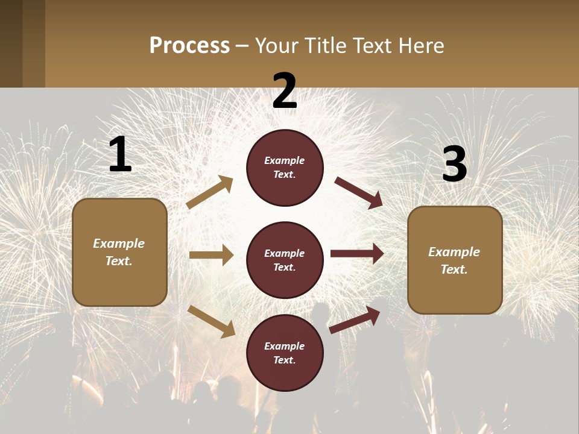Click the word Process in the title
(x=189, y=46)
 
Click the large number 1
(x=120, y=155)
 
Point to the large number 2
(x=285, y=91)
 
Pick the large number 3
(x=454, y=165)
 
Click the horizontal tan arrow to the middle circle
(x=211, y=255)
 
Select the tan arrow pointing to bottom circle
(x=212, y=321)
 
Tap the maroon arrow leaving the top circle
(x=359, y=192)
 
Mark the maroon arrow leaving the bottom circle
(x=355, y=319)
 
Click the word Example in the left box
(x=119, y=244)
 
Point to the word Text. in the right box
(x=454, y=269)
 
